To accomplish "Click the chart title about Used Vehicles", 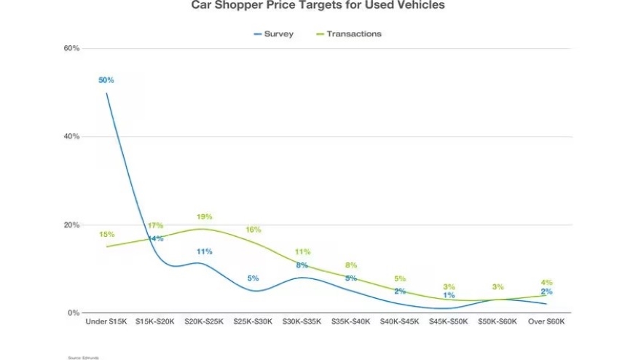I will [x=318, y=5].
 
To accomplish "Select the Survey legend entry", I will [x=273, y=34].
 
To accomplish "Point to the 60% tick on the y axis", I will [x=71, y=48].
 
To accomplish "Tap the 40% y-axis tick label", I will [x=71, y=136].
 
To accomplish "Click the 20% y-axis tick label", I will [x=71, y=224].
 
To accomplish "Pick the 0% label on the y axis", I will [x=74, y=313].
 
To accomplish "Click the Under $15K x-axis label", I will [x=106, y=321].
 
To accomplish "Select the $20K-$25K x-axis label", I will [x=204, y=321].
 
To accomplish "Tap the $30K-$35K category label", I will [x=302, y=321].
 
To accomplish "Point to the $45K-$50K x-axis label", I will [x=449, y=321].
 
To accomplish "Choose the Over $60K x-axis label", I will [x=546, y=321].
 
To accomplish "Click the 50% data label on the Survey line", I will [x=106, y=80].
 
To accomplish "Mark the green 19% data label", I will [x=204, y=216].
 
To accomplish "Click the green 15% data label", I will [x=106, y=234].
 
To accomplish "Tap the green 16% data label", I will [x=253, y=230].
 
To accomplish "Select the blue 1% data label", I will [x=449, y=295].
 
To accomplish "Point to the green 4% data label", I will [x=546, y=282].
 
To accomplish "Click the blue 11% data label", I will [x=204, y=251].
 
